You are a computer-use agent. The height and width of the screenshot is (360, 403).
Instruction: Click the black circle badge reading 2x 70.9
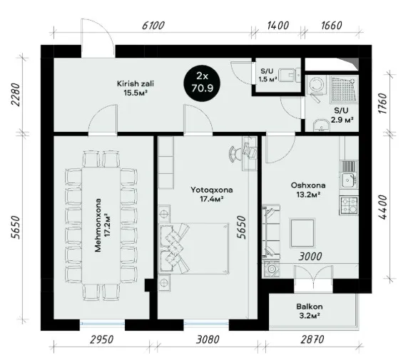pos(202,83)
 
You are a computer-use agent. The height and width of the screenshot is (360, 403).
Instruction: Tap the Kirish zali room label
pos(136,88)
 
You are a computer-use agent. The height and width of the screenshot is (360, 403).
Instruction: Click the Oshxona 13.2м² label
pos(308,190)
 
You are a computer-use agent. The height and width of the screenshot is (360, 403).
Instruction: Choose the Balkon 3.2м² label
pos(310,311)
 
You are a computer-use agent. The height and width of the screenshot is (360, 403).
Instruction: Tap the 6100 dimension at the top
pos(153,26)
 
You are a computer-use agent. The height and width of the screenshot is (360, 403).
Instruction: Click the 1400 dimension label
pos(278,26)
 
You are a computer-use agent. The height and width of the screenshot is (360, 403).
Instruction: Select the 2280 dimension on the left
pos(15,95)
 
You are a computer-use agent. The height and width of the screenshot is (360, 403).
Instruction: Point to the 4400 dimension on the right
pos(383,207)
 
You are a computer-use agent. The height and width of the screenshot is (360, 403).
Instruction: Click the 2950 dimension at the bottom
pos(102,339)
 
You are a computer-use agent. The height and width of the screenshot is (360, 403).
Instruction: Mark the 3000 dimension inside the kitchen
pos(310,256)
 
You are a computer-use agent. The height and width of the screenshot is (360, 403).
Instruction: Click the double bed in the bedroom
pos(194,249)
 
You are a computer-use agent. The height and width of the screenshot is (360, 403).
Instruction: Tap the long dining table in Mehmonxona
pos(101,225)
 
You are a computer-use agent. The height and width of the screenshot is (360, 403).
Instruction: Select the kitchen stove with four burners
pos(349,205)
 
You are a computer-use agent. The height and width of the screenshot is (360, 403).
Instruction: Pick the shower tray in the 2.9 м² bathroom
pos(344,89)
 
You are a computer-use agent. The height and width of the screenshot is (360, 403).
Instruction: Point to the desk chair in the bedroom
pos(235,154)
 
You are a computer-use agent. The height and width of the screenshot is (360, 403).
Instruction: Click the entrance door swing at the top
pos(98,38)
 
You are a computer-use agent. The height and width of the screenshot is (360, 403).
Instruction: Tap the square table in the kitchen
pos(302,233)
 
